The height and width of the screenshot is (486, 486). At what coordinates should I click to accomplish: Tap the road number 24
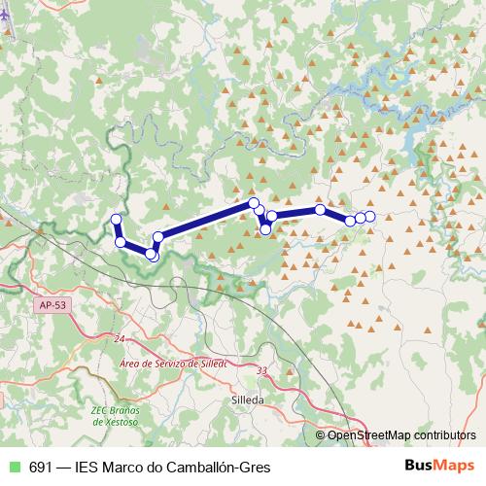point(120,338)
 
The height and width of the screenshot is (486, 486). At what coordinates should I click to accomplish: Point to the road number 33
point(260,370)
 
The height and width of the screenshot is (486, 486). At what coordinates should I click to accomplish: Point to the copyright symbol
point(321,434)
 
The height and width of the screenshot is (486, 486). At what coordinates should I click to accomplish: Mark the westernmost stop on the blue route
point(116,219)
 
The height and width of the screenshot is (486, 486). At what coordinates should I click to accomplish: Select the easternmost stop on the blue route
point(370,215)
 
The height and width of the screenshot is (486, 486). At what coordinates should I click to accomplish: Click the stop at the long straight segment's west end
point(158,237)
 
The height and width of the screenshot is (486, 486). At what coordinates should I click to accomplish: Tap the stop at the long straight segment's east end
point(254,202)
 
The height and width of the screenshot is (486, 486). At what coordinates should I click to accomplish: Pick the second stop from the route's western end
point(120,241)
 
